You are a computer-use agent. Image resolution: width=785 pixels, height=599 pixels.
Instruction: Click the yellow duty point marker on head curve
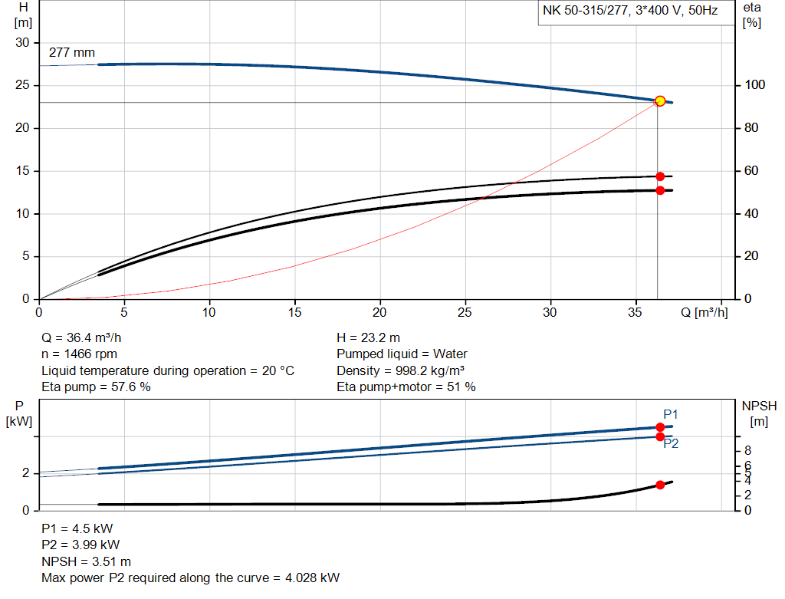tap(659, 101)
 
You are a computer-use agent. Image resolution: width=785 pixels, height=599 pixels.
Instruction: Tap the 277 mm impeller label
tap(71, 53)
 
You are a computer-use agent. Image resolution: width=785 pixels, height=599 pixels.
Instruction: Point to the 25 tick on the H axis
tap(22, 86)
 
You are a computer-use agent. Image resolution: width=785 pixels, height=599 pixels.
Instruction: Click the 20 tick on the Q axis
tap(379, 312)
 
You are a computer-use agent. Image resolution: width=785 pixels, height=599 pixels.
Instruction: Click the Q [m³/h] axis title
tap(705, 312)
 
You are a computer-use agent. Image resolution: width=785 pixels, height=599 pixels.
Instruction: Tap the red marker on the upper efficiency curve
tap(660, 176)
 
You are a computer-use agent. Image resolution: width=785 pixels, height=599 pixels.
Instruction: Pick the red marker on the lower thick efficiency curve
tap(660, 190)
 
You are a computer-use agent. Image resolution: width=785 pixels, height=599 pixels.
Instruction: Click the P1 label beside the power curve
tap(671, 415)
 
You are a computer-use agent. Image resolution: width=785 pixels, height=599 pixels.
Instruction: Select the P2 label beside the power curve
tap(671, 443)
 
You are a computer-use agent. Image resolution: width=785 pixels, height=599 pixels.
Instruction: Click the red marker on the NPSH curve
tap(660, 485)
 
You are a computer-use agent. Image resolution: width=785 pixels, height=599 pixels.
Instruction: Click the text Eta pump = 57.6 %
tap(96, 387)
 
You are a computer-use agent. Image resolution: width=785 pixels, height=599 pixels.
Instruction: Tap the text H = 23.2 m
tap(368, 337)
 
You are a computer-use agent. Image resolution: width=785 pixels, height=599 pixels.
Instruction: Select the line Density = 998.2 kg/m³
tap(400, 370)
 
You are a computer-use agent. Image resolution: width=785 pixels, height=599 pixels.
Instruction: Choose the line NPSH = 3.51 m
tap(86, 561)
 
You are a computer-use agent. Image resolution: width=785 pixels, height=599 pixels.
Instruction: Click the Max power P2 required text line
tap(190, 578)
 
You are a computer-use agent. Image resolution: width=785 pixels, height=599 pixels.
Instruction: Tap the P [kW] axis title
tap(21, 414)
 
